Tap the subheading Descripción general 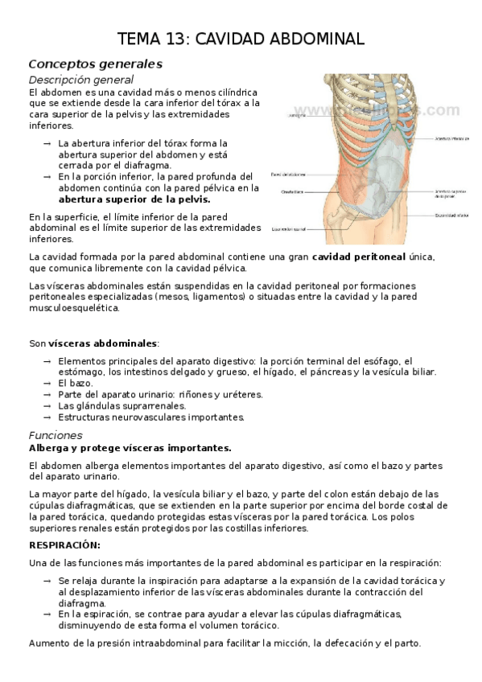80,80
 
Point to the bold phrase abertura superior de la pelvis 134,199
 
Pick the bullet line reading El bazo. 76,383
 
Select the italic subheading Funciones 55,434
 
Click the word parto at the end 404,643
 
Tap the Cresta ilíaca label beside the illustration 292,191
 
